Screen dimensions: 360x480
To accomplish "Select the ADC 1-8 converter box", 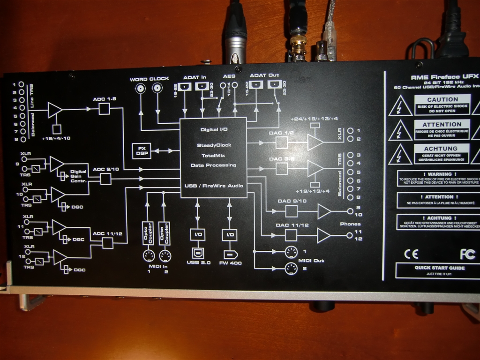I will click(x=104, y=109).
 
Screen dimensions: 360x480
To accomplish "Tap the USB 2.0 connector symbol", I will click(x=196, y=255).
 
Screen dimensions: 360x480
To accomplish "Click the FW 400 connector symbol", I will click(x=230, y=255).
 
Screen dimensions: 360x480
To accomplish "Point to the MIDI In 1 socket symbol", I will click(x=149, y=256).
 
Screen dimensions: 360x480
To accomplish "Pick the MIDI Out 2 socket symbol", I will click(x=291, y=269).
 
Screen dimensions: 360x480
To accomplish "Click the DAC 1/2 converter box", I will click(x=282, y=142).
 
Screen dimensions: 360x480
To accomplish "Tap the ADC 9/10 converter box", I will click(x=106, y=179).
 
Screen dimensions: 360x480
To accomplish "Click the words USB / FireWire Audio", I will click(x=214, y=186).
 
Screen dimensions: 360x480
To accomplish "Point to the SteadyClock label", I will click(x=214, y=145).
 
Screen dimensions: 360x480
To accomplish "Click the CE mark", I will click(x=411, y=254).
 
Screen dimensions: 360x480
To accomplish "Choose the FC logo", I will click(x=467, y=254).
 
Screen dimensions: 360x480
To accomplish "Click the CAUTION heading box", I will click(x=442, y=99).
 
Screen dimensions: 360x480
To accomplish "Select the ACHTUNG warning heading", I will click(x=442, y=148).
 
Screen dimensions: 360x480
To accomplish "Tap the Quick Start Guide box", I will click(x=439, y=270).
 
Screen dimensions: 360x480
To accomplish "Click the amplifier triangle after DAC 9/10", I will click(x=324, y=212).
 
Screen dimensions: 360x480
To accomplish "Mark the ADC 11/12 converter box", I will click(x=108, y=243).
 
